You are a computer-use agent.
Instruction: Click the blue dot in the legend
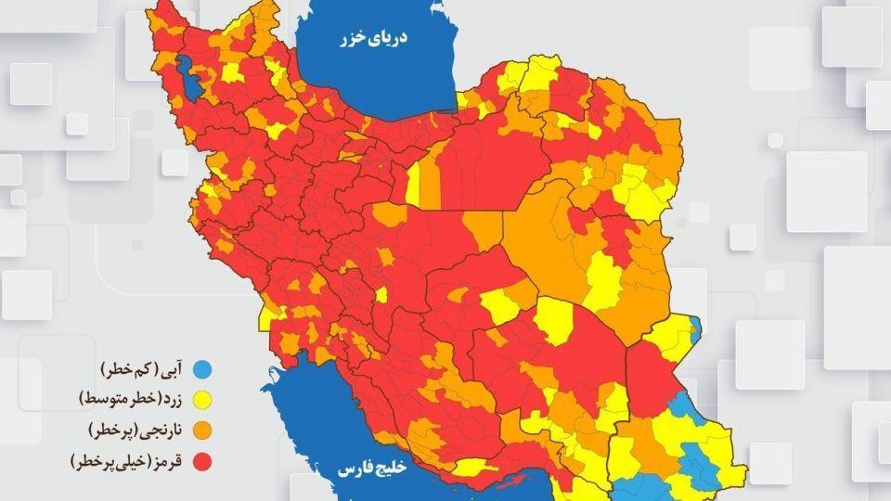click(200, 370)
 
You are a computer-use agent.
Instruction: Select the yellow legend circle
click(200, 400)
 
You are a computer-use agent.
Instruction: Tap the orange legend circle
click(200, 430)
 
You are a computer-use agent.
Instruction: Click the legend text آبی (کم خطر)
click(140, 370)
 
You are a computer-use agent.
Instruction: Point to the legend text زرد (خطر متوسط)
click(129, 400)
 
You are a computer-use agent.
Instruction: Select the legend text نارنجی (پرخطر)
click(135, 430)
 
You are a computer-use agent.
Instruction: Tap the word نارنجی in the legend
click(159, 430)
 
